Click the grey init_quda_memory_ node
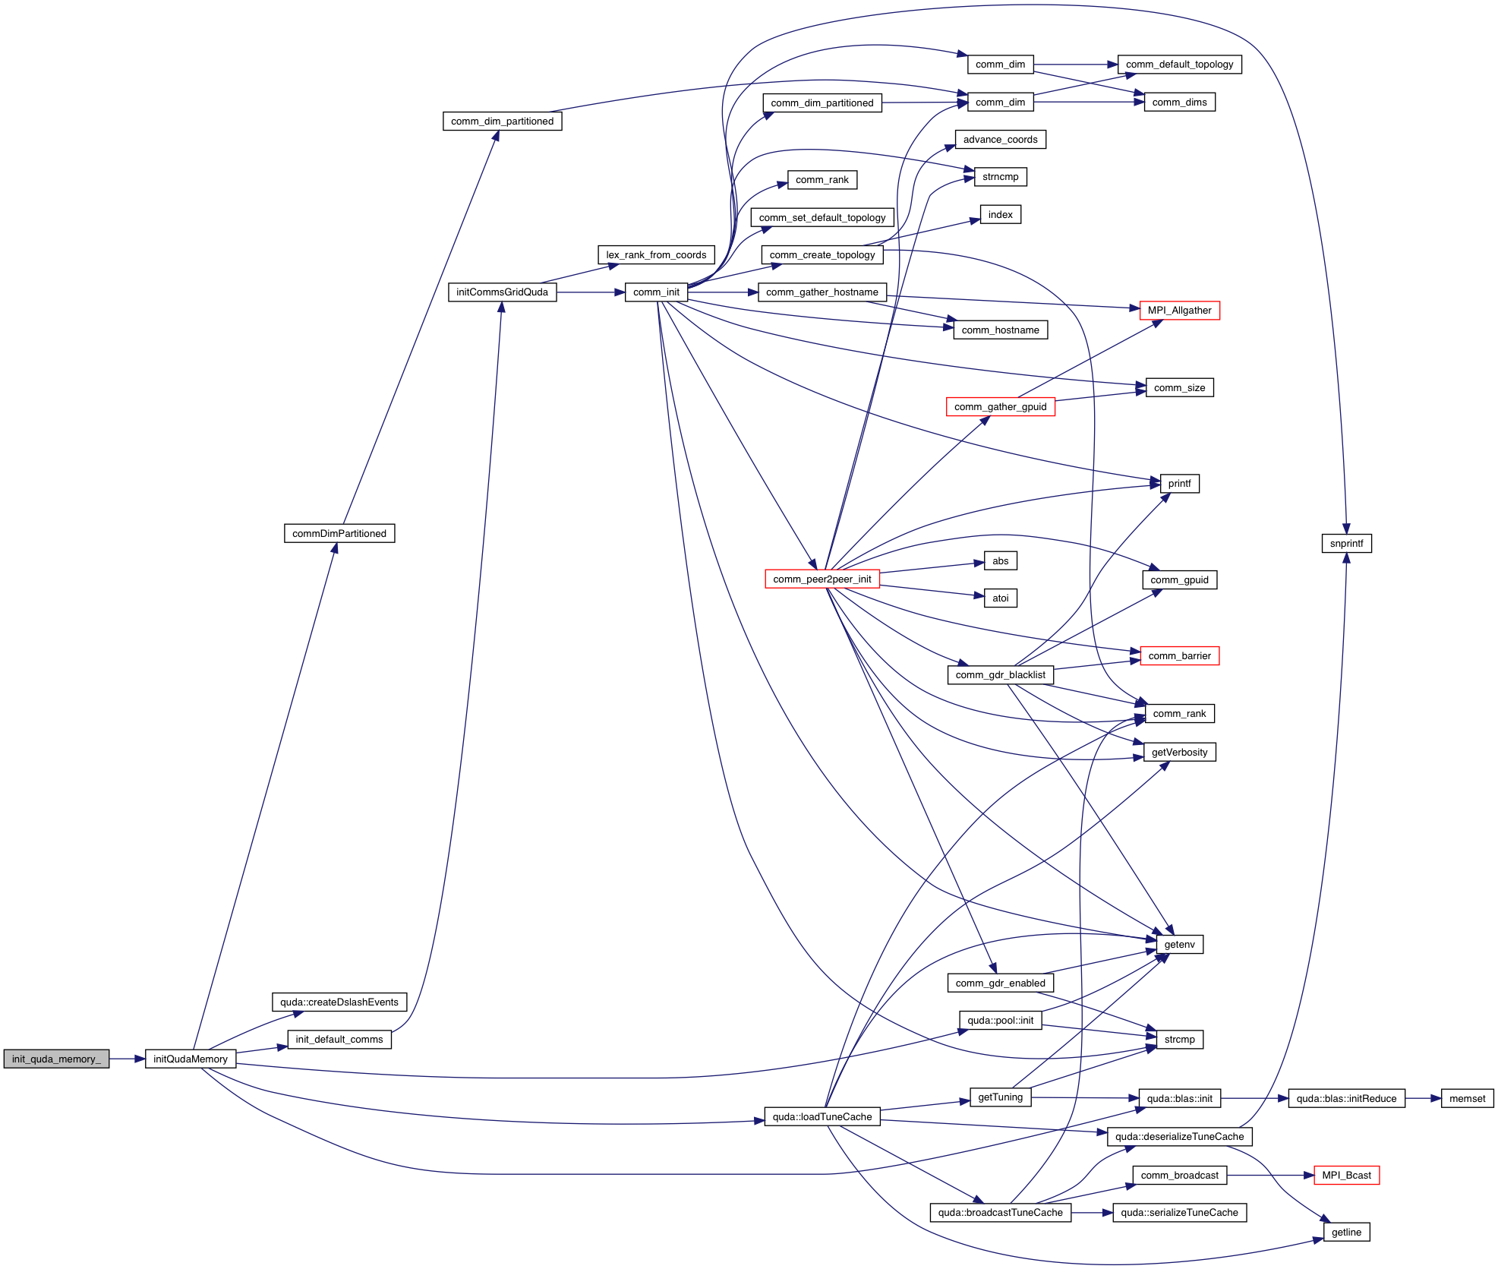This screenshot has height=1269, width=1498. pyautogui.click(x=56, y=1059)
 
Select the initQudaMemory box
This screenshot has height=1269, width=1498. pyautogui.click(x=190, y=1059)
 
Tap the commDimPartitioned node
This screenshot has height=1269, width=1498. pyautogui.click(x=339, y=533)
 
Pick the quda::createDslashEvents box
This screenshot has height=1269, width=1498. pyautogui.click(x=339, y=1002)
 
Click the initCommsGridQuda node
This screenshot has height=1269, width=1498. pyautogui.click(x=502, y=292)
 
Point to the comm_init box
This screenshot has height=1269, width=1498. pyautogui.click(x=656, y=292)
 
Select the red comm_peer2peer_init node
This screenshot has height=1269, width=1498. pyautogui.click(x=822, y=579)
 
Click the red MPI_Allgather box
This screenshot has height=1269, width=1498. pyautogui.click(x=1179, y=310)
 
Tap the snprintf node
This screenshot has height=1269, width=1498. pyautogui.click(x=1346, y=543)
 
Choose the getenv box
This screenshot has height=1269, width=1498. pyautogui.click(x=1179, y=944)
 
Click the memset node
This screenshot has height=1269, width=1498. pyautogui.click(x=1467, y=1098)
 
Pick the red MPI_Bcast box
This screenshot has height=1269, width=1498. pyautogui.click(x=1346, y=1175)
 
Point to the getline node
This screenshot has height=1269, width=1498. pyautogui.click(x=1346, y=1232)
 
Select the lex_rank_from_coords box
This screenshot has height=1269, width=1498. pyautogui.click(x=656, y=254)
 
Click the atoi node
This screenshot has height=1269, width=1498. pyautogui.click(x=1000, y=598)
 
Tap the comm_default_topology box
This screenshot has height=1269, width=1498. pyautogui.click(x=1179, y=64)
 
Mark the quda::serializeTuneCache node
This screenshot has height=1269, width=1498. pyautogui.click(x=1179, y=1212)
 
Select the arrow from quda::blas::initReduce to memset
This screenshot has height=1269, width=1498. pyautogui.click(x=1423, y=1098)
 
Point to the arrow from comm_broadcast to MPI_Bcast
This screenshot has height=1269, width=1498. pyautogui.click(x=1269, y=1175)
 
